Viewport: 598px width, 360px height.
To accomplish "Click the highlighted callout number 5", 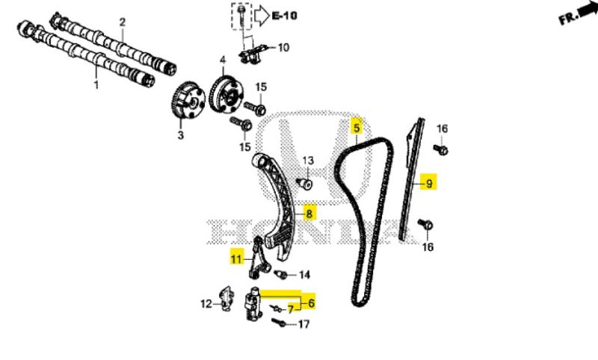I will tap(357, 128).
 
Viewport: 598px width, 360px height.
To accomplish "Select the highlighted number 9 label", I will tap(428, 183).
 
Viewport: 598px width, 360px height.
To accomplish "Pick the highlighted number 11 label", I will tap(236, 259).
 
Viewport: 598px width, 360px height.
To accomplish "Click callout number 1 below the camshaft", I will tap(96, 86).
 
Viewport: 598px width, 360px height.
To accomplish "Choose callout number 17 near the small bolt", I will tap(303, 324).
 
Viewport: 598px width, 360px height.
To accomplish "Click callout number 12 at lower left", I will tap(206, 303).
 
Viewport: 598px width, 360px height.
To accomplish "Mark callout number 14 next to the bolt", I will tap(304, 275).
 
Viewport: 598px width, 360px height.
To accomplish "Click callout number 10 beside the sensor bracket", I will tap(283, 48).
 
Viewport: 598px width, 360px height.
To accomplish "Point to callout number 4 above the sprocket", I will tap(222, 59).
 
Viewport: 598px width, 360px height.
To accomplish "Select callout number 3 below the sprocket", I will tap(180, 135).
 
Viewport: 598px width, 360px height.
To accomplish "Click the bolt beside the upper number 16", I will tap(442, 149).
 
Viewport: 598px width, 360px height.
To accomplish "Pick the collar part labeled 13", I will tap(303, 181).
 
